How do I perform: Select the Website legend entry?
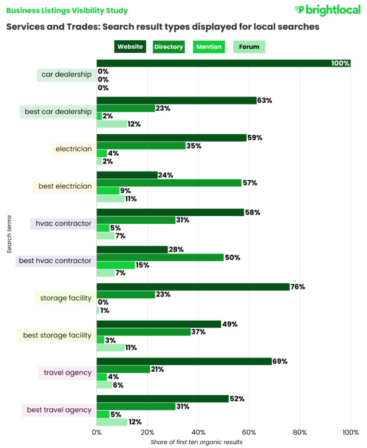130,47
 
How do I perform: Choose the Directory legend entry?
169,47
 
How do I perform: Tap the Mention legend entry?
208,47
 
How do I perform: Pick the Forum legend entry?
249,47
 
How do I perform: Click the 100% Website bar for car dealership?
223,63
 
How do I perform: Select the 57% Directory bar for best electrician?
169,183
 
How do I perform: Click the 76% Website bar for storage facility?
193,287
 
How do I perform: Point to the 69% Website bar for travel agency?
183,361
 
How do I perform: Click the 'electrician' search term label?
73,149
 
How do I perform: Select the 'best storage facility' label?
57,335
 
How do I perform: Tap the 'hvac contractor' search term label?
63,223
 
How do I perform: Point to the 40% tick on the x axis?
198,432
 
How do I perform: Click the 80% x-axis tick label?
300,432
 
